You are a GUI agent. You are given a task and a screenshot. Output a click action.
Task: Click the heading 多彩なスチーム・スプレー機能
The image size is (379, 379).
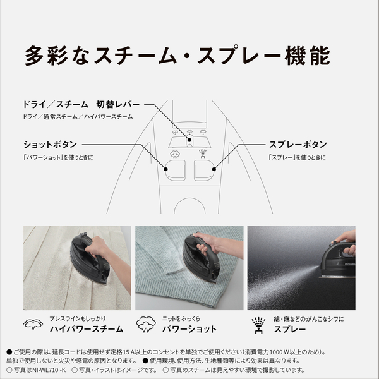(177, 55)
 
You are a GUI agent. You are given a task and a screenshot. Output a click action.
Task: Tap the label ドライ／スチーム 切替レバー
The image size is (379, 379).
(81, 104)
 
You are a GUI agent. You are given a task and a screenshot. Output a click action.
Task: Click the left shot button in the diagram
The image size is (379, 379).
(174, 169)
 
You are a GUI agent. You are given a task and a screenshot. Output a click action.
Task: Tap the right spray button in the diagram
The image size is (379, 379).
(205, 169)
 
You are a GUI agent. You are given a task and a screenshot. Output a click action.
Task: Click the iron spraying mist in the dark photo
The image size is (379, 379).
(335, 259)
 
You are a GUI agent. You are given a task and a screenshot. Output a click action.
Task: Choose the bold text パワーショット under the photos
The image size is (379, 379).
(188, 329)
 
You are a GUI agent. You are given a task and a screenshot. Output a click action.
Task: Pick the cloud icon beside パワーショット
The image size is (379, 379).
(147, 324)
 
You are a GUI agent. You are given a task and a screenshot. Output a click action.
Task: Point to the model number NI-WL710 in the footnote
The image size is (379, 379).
(48, 370)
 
